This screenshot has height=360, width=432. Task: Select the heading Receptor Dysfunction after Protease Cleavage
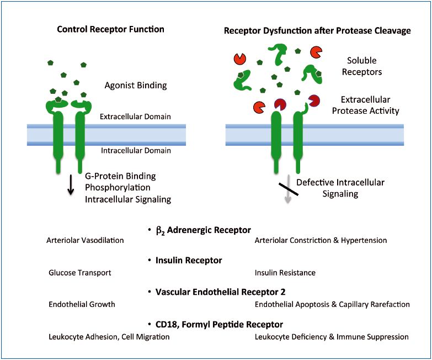(317, 30)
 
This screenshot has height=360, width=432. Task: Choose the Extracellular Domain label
(143, 117)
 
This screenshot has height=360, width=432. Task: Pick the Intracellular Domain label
(143, 150)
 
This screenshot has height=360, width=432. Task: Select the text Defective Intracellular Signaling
(340, 188)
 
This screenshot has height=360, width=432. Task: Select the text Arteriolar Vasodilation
(86, 240)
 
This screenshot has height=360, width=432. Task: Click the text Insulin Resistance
(285, 273)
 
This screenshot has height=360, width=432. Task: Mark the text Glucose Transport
(80, 273)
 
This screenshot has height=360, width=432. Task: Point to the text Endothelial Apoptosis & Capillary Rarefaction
(332, 304)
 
